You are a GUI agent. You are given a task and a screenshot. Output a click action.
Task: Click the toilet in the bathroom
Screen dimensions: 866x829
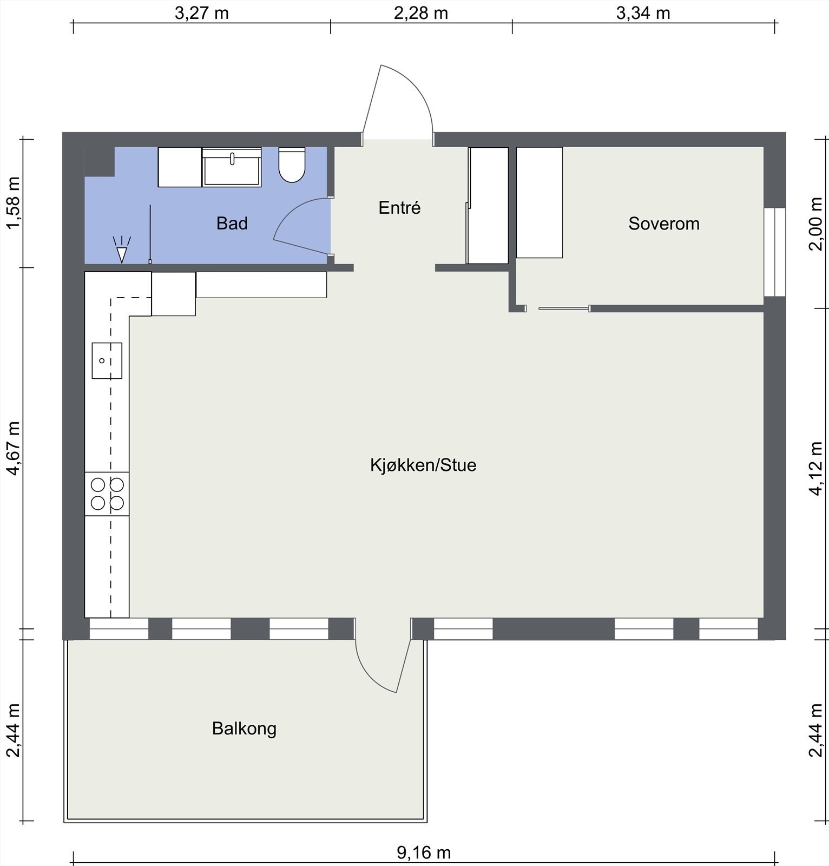click(292, 165)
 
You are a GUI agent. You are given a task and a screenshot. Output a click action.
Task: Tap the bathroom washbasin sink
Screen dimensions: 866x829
click(232, 167)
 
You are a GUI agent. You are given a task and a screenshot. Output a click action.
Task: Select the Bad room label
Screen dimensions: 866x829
click(232, 224)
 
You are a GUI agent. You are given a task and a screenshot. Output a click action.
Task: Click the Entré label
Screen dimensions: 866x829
click(399, 208)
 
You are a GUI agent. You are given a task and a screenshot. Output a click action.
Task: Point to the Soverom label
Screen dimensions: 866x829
click(663, 224)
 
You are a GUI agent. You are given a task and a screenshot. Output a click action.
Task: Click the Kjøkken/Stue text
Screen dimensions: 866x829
click(423, 465)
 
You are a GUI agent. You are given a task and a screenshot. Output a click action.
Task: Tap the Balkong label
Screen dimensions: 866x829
click(244, 729)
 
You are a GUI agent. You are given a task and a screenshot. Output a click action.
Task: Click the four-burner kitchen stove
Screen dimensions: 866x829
click(107, 494)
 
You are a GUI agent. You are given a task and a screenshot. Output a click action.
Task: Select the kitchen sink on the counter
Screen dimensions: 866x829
click(107, 360)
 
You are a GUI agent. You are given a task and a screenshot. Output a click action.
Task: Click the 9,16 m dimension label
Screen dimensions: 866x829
click(424, 852)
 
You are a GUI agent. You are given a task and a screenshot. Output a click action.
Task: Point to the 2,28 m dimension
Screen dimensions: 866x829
click(420, 13)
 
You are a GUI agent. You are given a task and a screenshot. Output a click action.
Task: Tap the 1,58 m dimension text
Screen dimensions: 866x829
click(13, 202)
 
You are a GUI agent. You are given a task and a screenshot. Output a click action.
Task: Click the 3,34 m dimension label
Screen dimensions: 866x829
click(643, 13)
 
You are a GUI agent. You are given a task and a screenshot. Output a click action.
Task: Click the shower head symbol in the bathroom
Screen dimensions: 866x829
click(122, 251)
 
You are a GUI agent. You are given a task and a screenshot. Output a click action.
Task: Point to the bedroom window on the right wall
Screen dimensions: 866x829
click(774, 252)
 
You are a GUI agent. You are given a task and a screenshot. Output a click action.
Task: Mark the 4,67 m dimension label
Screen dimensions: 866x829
click(13, 448)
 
